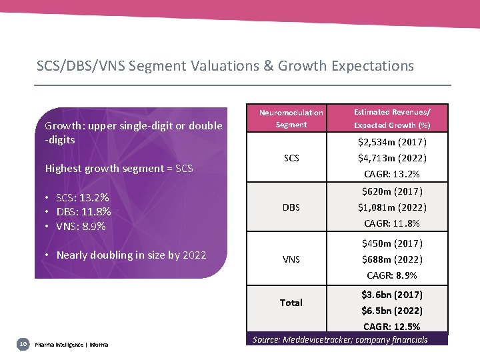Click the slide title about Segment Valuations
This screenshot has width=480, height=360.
tap(225, 66)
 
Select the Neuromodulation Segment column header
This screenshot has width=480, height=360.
tap(291, 119)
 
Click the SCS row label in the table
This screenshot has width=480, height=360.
tap(291, 158)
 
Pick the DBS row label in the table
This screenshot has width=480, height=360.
tap(291, 207)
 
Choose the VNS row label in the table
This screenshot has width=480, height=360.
tap(291, 259)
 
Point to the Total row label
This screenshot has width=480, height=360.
tap(291, 303)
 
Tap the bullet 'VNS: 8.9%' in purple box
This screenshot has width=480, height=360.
tap(81, 226)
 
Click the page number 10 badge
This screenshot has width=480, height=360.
tap(23, 343)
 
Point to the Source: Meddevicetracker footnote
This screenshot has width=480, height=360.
tap(340, 340)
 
